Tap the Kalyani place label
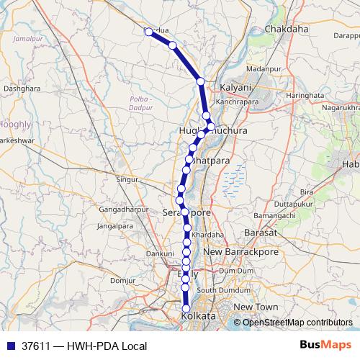click(x=237, y=87)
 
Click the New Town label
click(x=256, y=307)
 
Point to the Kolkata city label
click(x=199, y=317)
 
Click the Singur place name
click(x=127, y=178)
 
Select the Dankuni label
click(x=160, y=253)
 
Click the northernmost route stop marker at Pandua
click(x=148, y=32)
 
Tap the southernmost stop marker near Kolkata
click(x=186, y=308)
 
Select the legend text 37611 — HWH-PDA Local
click(x=84, y=346)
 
